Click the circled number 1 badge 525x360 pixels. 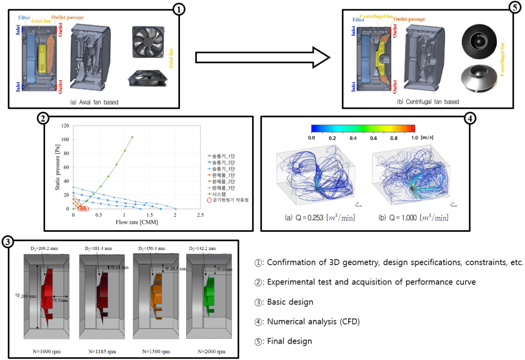coord(177,10)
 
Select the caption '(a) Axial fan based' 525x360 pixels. coord(94,102)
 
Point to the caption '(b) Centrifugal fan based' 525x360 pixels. coord(428,102)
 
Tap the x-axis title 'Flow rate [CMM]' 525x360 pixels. coord(124,224)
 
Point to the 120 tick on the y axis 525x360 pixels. coord(66,125)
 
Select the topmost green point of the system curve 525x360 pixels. coord(132,137)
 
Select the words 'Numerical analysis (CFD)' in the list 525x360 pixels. coord(314,321)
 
